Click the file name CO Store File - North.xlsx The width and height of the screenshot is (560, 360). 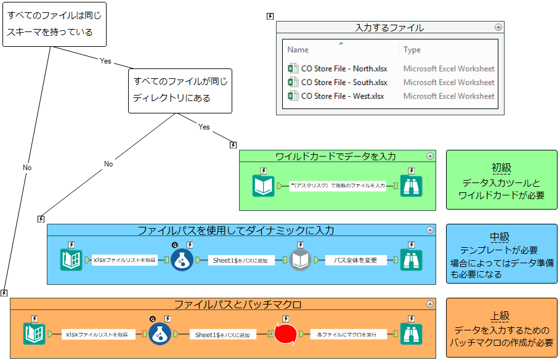(x=344, y=69)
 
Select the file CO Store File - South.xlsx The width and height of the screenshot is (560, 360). (x=344, y=83)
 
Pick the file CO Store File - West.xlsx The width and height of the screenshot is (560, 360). (x=342, y=96)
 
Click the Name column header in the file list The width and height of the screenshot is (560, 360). (x=298, y=50)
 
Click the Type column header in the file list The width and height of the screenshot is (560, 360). (x=412, y=50)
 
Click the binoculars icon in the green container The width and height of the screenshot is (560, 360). (x=411, y=186)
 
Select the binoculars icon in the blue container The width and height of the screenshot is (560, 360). (x=411, y=260)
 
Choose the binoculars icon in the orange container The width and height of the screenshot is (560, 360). (x=411, y=334)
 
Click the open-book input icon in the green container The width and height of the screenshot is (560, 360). (x=263, y=186)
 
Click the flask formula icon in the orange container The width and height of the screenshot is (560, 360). (x=160, y=334)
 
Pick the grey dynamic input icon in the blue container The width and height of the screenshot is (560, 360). (x=300, y=260)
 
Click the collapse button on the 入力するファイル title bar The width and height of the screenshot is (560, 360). (x=498, y=27)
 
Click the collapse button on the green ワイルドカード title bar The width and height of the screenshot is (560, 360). (x=430, y=156)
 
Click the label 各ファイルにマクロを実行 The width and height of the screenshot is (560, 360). (x=348, y=334)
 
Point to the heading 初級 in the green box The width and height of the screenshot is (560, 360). (x=501, y=168)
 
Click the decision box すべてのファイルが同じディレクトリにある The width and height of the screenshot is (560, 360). (x=180, y=90)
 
